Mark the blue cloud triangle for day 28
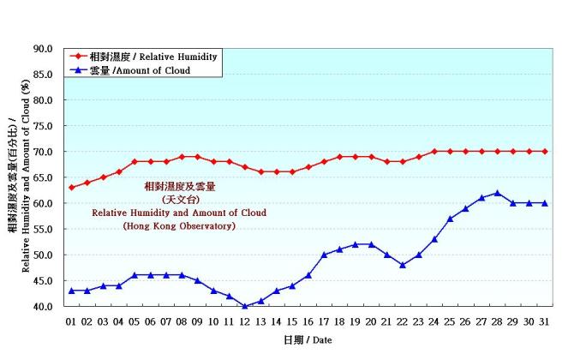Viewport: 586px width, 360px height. tap(498, 193)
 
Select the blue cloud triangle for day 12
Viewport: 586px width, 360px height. tap(245, 306)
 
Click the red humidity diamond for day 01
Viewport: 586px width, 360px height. tap(71, 188)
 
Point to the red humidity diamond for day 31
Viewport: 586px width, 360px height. tap(545, 152)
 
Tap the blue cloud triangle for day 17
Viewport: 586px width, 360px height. tap(324, 255)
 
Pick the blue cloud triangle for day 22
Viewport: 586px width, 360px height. tap(403, 265)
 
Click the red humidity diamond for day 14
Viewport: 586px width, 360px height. tap(277, 172)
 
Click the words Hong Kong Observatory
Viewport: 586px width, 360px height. tap(179, 226)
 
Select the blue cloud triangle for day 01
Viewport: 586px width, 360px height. tap(71, 291)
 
